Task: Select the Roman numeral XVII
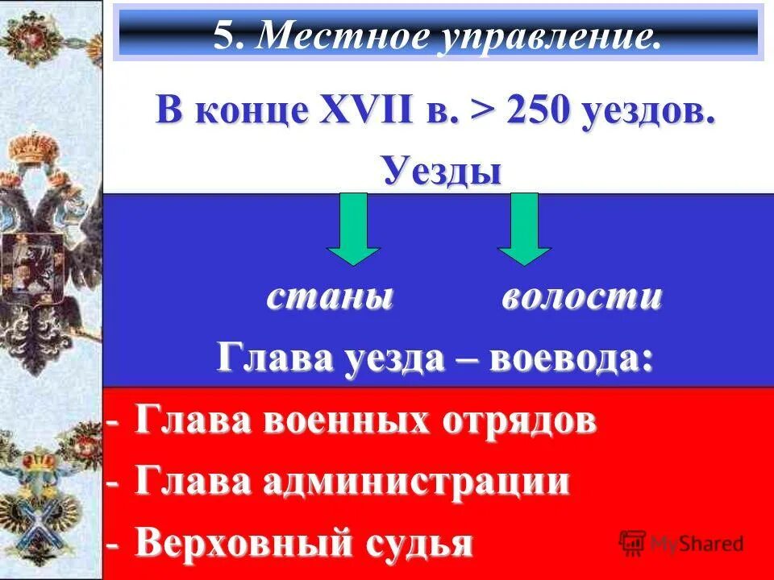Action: coord(349,110)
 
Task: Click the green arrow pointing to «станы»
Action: coord(352,229)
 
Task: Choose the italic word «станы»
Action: coord(331,298)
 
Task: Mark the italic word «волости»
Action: coord(581,298)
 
